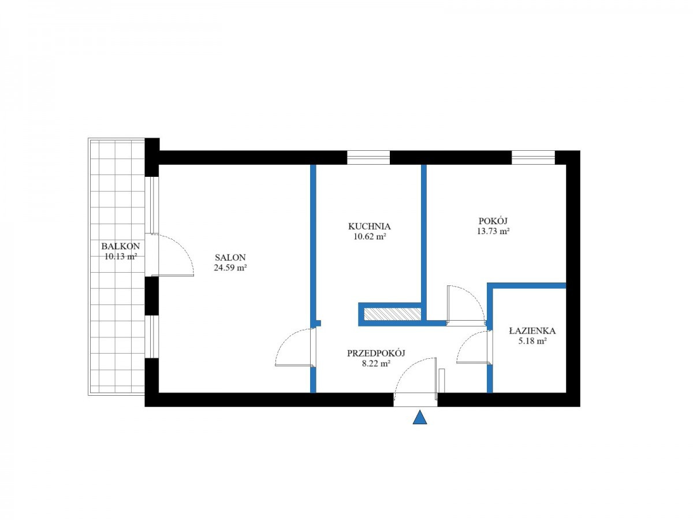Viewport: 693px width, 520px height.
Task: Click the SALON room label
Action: pos(230,257)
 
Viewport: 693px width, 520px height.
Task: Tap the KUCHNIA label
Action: pos(370,226)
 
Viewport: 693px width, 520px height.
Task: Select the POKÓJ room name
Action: pos(493,221)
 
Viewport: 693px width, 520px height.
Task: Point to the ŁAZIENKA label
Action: pos(532,330)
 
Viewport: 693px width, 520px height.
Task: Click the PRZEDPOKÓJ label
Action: pos(376,353)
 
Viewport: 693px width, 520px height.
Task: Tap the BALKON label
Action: pos(121,246)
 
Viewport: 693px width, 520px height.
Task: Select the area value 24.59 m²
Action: pos(230,268)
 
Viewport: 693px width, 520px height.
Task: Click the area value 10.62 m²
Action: pos(370,236)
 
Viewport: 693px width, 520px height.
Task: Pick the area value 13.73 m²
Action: pos(493,231)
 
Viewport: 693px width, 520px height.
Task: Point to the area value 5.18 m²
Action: pos(532,341)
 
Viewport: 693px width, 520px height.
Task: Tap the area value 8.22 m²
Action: pos(376,363)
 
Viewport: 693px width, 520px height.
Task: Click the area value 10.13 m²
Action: pos(121,257)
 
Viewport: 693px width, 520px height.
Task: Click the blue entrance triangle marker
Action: pos(420,417)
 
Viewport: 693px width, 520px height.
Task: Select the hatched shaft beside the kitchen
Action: pos(393,314)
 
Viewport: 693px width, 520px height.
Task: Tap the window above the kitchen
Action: pos(368,158)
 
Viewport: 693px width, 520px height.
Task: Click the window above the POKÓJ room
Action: pos(533,158)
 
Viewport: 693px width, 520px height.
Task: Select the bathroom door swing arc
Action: pos(465,341)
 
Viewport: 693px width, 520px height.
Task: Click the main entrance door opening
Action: pos(415,399)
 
